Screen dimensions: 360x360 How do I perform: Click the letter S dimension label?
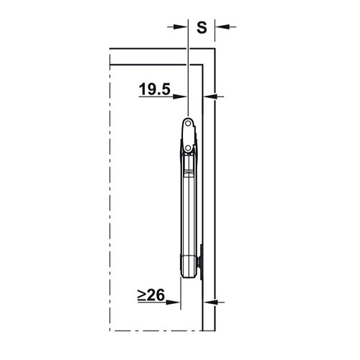pos(202,27)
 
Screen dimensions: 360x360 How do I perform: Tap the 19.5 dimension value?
pos(155,89)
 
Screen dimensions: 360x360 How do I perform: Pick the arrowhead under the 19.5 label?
pos(180,96)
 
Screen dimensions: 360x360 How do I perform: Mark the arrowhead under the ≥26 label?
pos(173,302)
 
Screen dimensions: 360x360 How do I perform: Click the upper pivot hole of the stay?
pos(189,124)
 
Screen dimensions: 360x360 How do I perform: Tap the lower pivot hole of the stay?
pos(189,148)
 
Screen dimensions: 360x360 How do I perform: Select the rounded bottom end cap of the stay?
pos(189,266)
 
